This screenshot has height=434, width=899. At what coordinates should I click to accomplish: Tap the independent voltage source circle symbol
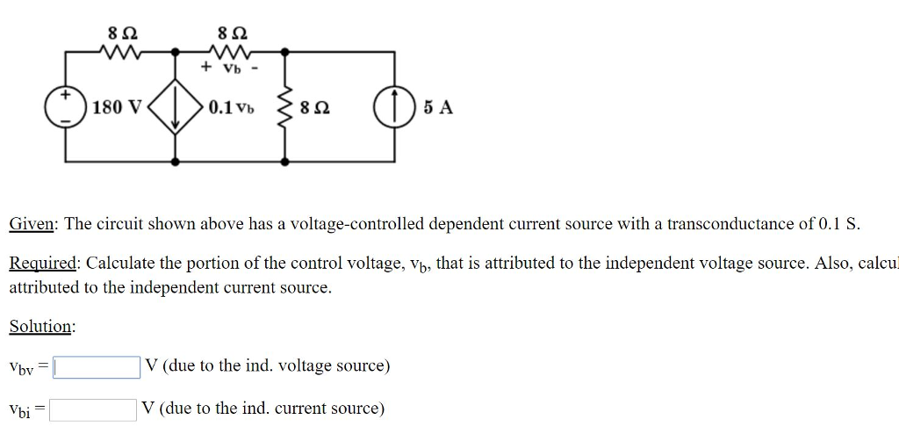point(66,107)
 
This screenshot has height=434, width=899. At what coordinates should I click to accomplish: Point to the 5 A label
point(438,108)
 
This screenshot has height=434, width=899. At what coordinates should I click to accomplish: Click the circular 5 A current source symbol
point(392,108)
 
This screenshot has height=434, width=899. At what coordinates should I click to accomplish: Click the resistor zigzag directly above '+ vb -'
point(231,50)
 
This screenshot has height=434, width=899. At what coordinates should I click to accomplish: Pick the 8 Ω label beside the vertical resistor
point(315,109)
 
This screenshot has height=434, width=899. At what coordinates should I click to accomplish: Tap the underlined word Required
point(44,264)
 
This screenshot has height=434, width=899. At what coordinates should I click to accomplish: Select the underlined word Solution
point(41,327)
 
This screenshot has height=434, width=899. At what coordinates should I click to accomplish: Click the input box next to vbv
point(96,366)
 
